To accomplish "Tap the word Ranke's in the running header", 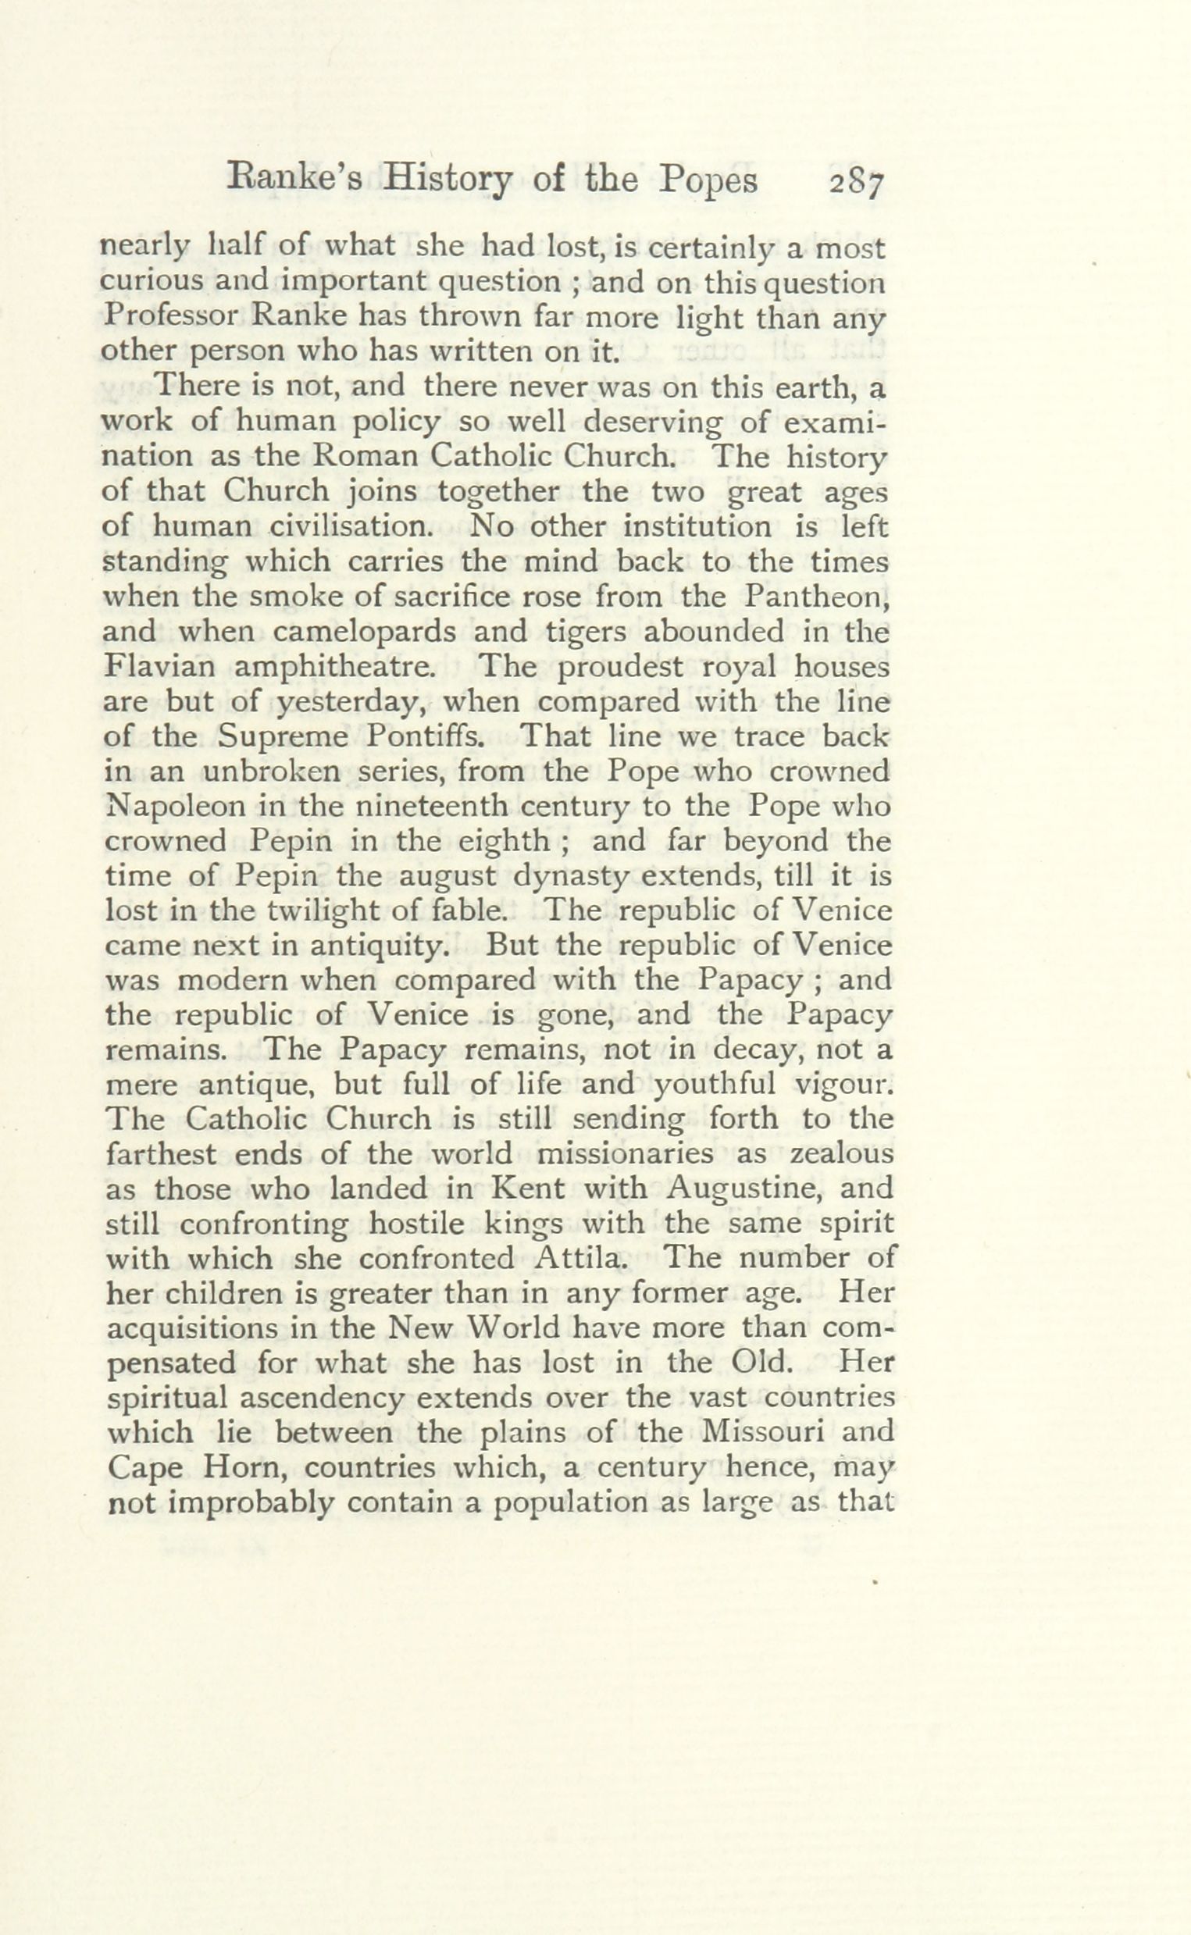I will pos(294,180).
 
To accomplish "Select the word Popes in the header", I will pos(708,182).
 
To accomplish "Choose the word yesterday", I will pos(356,702).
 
